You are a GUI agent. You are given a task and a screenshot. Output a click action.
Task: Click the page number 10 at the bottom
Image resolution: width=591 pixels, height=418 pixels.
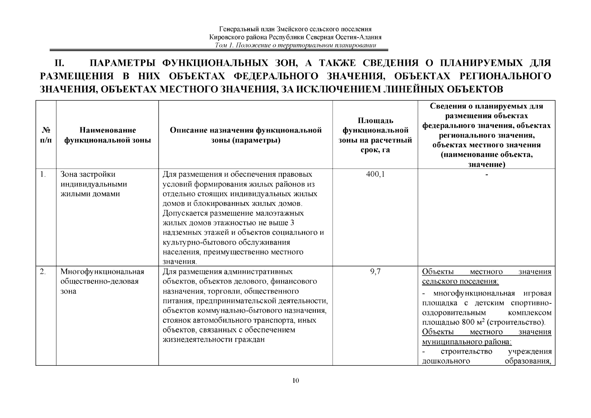[x=295, y=380]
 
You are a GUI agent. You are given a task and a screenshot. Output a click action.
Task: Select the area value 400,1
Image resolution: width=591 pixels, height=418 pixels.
[x=375, y=175]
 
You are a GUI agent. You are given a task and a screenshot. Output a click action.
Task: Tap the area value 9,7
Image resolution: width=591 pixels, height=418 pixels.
[x=375, y=272]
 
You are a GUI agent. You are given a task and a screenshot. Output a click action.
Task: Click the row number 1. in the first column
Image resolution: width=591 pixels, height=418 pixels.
[x=43, y=175]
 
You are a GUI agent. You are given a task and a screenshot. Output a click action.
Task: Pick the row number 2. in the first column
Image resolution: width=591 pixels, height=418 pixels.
[x=43, y=272]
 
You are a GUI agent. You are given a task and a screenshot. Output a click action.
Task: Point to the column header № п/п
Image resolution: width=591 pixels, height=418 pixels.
[x=46, y=135]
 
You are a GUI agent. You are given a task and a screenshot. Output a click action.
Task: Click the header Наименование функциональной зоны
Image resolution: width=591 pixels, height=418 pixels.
[x=108, y=135]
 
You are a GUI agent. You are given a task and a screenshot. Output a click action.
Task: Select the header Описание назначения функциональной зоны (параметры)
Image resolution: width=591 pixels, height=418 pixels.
[x=246, y=135]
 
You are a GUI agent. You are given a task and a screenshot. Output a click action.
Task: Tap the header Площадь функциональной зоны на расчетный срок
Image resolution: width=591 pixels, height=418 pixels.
[x=375, y=135]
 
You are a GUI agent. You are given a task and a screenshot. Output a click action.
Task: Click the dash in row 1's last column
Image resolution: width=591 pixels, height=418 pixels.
[x=487, y=175]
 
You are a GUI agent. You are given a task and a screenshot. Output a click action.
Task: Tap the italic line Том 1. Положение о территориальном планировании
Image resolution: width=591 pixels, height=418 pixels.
[x=295, y=46]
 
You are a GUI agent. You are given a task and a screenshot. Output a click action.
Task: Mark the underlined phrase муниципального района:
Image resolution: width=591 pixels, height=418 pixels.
[x=467, y=342]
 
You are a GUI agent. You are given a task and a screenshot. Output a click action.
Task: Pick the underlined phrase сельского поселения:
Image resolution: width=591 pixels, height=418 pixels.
[x=460, y=281]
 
